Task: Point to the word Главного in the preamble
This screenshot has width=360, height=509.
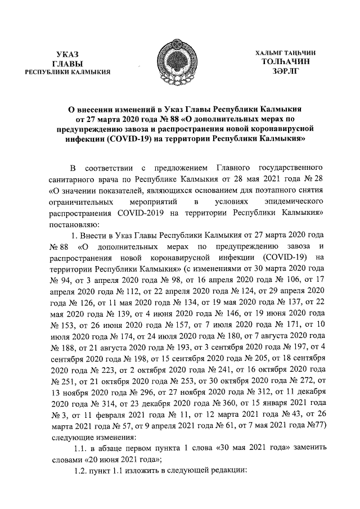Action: [x=233, y=168]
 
